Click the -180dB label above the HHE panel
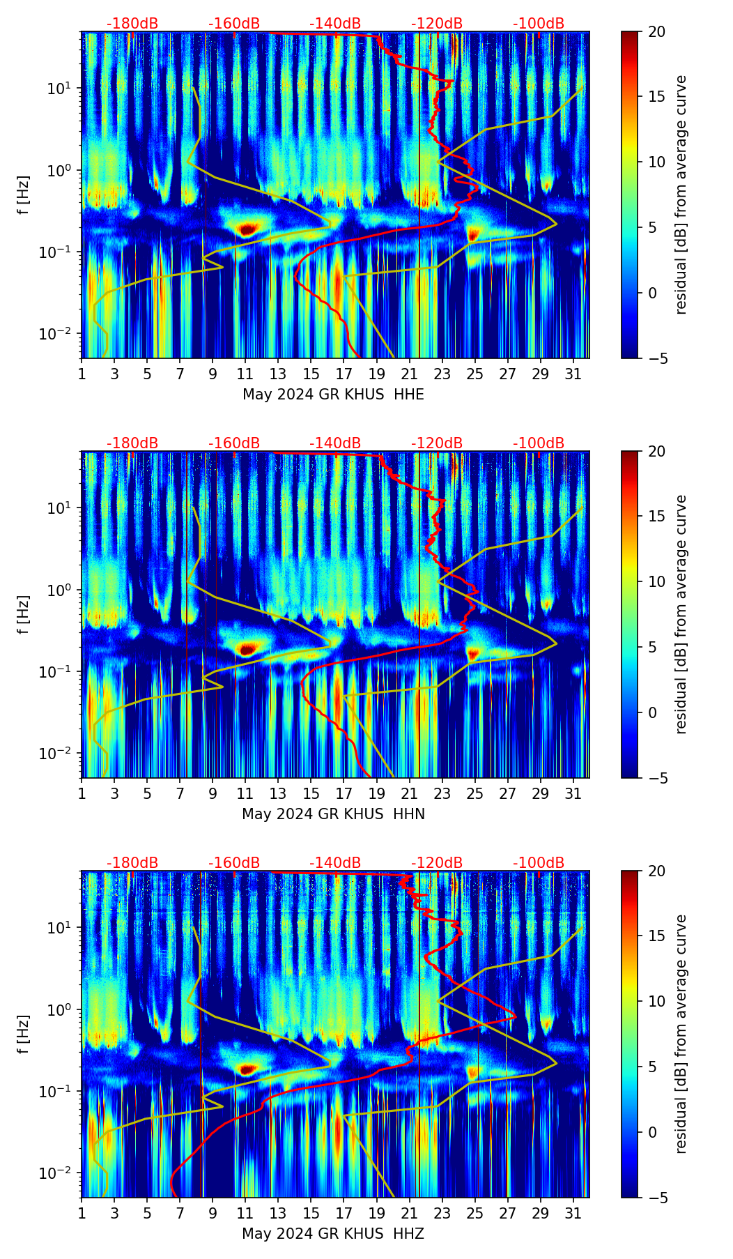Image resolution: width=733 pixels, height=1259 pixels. coord(132,24)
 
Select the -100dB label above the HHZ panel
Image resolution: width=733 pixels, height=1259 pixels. coord(539,863)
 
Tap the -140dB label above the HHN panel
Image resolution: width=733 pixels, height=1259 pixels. coord(335,443)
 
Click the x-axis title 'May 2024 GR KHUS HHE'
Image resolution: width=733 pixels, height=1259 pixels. coord(333,395)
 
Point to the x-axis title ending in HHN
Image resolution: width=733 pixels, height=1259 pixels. coord(333,814)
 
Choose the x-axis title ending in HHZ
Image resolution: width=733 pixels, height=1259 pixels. coord(333,1234)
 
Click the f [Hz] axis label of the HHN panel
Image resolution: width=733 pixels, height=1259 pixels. coord(24,614)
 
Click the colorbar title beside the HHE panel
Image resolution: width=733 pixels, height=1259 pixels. coord(681,194)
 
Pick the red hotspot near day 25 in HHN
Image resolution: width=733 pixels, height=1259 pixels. coord(474,654)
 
